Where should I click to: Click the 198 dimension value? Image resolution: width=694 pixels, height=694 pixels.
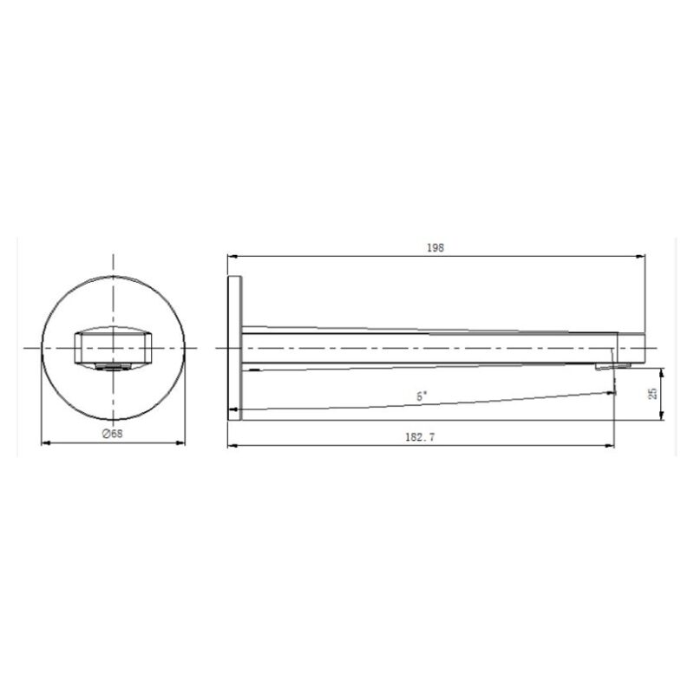point(435,248)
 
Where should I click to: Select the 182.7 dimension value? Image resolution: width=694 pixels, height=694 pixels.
point(420,437)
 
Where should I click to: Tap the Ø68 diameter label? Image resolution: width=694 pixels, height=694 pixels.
point(113,434)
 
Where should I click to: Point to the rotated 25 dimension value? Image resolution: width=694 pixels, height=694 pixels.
point(653,394)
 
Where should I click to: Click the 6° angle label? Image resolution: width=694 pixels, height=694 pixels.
point(422,396)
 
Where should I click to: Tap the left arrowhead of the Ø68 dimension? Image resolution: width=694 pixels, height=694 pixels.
point(46,442)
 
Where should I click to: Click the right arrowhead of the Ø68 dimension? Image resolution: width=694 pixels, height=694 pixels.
point(180,442)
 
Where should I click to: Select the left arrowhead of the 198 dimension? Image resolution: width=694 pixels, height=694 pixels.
point(232,256)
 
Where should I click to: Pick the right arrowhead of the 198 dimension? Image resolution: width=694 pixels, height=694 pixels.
point(640,256)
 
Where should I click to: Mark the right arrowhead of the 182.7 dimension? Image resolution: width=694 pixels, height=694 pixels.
point(610,446)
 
